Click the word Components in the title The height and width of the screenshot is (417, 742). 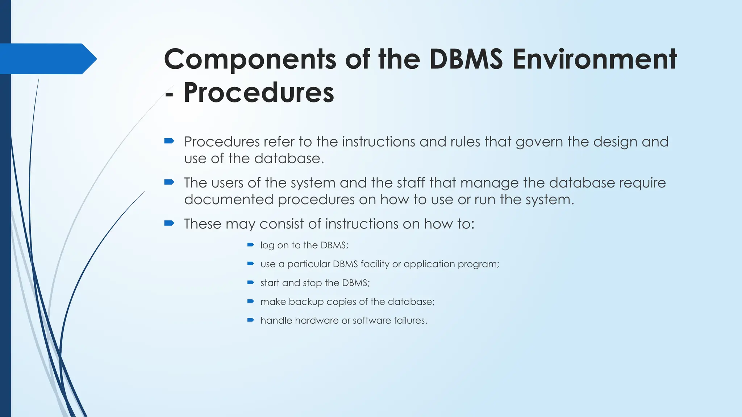point(250,60)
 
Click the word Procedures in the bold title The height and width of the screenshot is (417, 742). point(259,93)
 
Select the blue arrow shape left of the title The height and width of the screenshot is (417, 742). point(47,59)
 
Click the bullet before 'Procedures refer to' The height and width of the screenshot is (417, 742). point(169,141)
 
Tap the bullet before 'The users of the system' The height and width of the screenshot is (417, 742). point(169,182)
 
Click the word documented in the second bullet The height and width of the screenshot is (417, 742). point(229,199)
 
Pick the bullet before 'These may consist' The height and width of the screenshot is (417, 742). point(169,223)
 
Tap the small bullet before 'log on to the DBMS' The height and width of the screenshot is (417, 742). point(250,245)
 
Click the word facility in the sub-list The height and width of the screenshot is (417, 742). point(375,264)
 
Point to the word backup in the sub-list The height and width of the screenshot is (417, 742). point(306,302)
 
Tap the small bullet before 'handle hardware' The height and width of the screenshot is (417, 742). point(250,320)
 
